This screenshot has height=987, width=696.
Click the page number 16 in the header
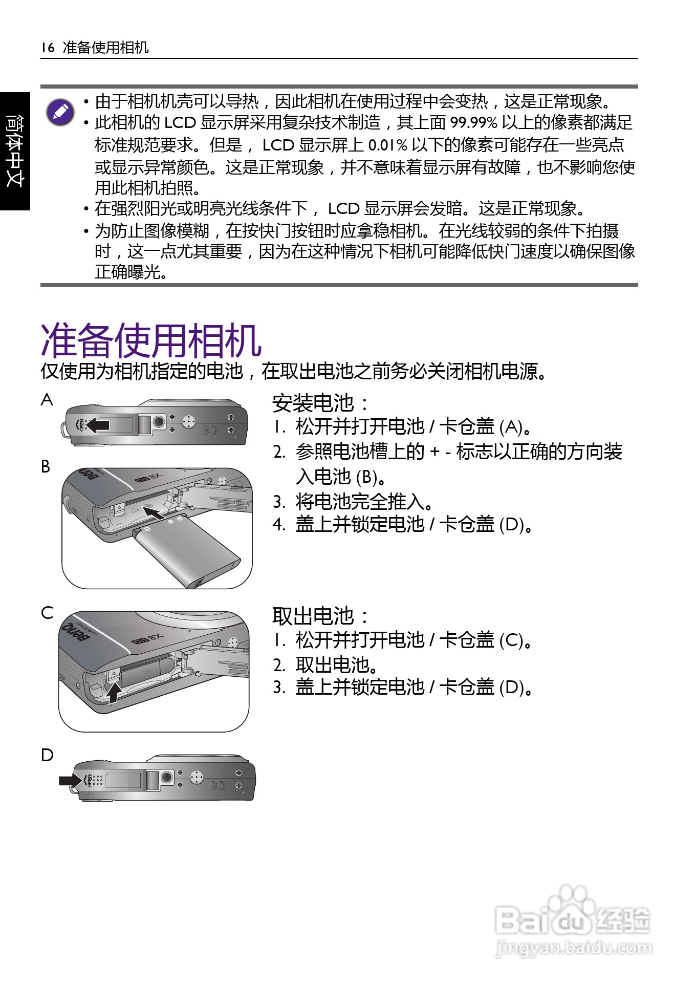point(48,48)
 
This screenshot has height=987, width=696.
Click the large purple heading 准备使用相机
point(151,340)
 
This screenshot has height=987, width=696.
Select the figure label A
point(47,400)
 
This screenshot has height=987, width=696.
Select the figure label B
point(46,466)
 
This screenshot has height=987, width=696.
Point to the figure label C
point(47,613)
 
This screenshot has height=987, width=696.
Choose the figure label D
point(47,755)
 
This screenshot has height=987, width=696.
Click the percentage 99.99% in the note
point(473,123)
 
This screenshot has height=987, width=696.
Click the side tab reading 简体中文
point(15,151)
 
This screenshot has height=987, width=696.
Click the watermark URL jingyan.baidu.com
point(574,948)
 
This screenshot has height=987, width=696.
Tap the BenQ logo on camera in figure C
point(76,633)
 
